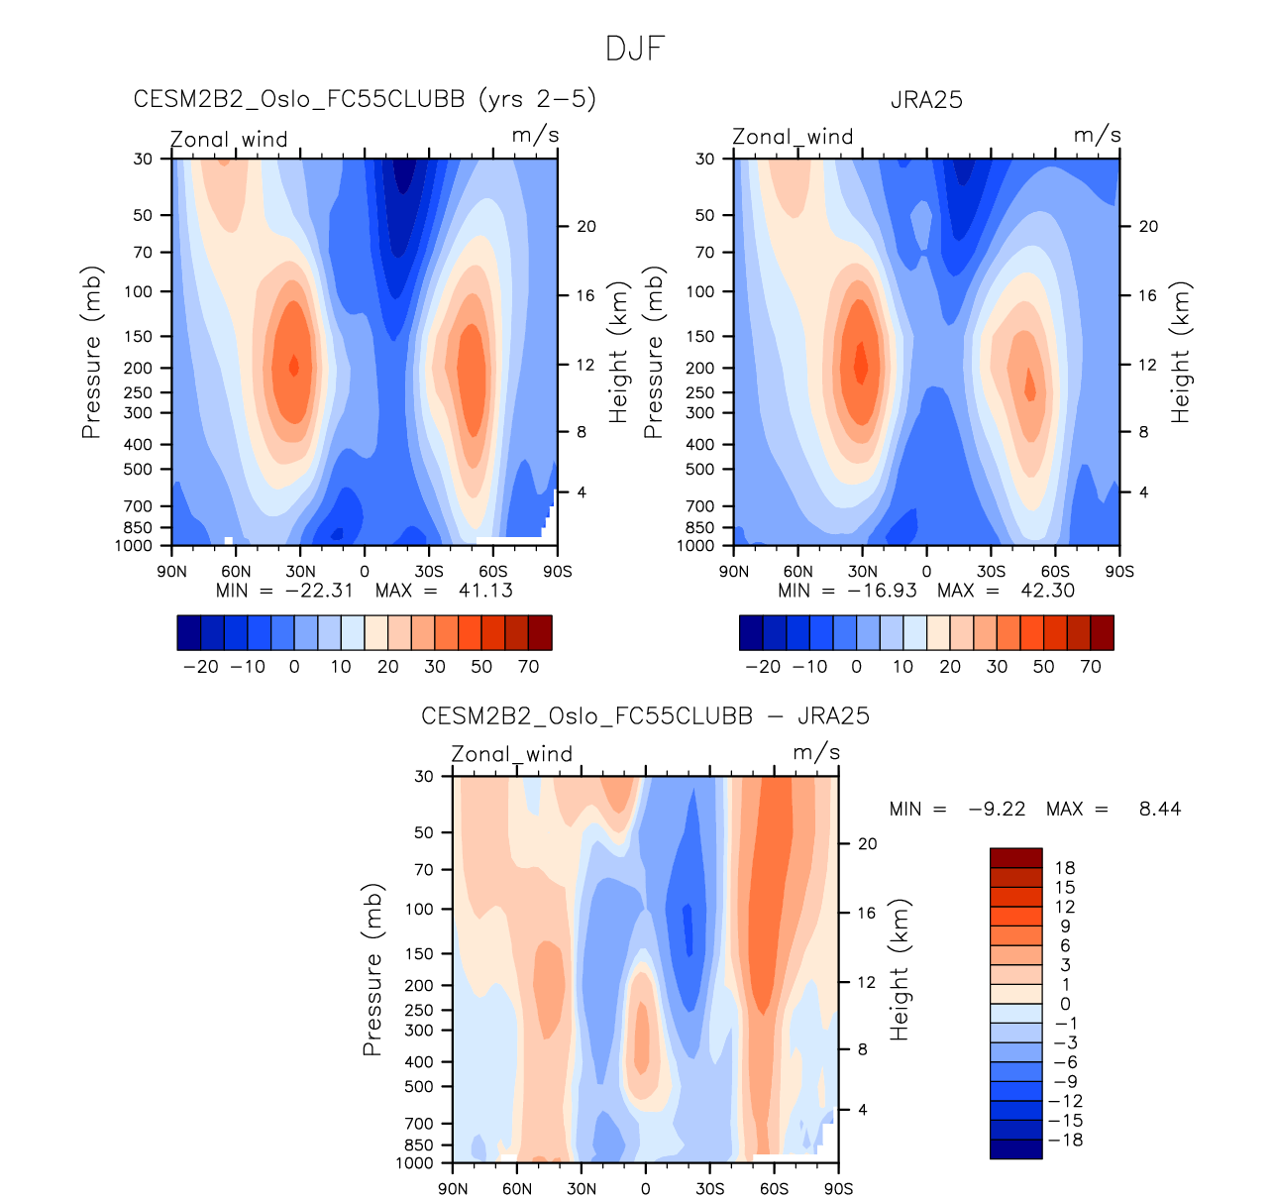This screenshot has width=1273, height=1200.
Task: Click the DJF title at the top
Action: (x=635, y=49)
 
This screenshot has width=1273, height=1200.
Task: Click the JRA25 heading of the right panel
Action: (x=926, y=100)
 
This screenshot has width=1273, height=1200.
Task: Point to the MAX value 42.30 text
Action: (x=1047, y=591)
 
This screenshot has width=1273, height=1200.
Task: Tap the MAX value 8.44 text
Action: (x=1159, y=810)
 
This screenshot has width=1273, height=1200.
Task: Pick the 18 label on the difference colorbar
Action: (x=1065, y=868)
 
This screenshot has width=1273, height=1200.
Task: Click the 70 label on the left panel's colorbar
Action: (x=529, y=667)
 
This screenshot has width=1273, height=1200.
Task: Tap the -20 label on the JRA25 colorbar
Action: (x=763, y=667)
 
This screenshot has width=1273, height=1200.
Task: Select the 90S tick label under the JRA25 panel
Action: (x=1119, y=572)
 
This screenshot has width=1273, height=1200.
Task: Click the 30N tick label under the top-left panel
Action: (x=300, y=572)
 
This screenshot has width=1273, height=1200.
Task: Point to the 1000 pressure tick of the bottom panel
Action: (x=414, y=1163)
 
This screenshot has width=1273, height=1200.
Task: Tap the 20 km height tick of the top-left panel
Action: (x=586, y=227)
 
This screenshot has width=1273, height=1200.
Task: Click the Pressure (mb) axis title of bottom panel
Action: (x=372, y=970)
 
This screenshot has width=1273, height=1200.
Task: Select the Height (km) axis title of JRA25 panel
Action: (x=1181, y=353)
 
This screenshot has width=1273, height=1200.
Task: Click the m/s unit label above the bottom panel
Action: (x=816, y=753)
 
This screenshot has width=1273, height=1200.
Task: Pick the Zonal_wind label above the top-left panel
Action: (x=229, y=140)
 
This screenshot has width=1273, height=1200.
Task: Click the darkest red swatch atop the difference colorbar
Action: (x=1015, y=858)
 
